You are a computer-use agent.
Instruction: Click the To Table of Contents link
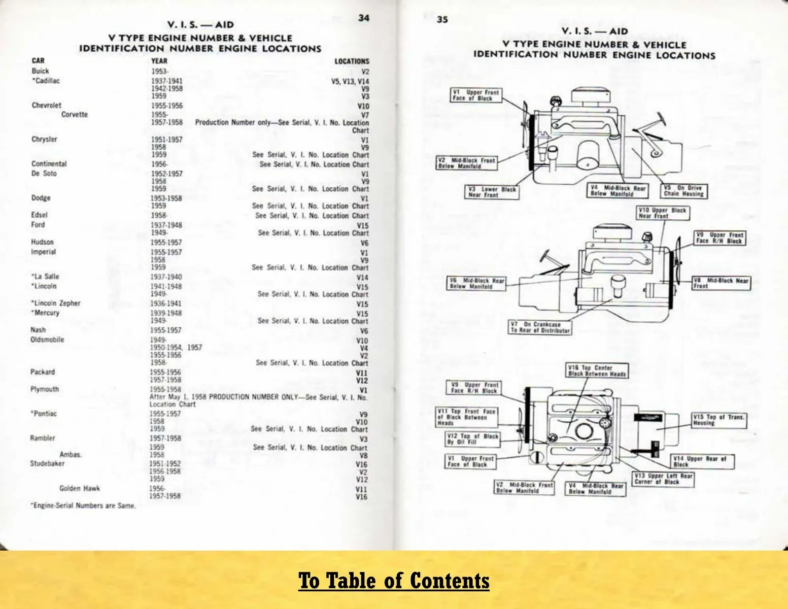(393, 581)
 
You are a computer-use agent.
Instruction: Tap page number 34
(364, 18)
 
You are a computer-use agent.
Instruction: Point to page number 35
(442, 20)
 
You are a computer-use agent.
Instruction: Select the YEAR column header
(159, 61)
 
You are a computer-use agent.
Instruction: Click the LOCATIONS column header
(352, 61)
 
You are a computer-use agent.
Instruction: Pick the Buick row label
(40, 71)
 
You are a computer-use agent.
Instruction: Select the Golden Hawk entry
(80, 488)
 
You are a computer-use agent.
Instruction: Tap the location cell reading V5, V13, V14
(350, 81)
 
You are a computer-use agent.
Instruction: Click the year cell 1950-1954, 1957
(176, 348)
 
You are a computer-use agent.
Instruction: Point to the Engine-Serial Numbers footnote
(83, 505)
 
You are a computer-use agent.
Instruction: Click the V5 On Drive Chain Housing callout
(683, 191)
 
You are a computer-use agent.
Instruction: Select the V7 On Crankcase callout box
(540, 327)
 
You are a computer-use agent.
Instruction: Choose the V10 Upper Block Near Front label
(663, 213)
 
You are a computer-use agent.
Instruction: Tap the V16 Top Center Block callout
(597, 371)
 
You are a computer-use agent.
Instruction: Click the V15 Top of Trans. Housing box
(718, 420)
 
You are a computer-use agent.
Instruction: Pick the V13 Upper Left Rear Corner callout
(663, 479)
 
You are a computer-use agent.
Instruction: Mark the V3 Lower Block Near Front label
(492, 192)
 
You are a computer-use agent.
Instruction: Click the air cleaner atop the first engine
(591, 95)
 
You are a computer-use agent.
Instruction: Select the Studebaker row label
(48, 463)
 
